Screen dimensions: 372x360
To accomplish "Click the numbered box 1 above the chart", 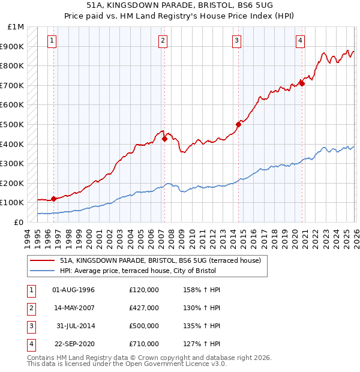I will click(52, 41).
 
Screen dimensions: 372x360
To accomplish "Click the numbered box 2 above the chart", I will click(163, 41).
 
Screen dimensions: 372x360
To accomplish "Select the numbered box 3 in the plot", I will click(237, 41).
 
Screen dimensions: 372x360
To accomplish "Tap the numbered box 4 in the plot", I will click(299, 41).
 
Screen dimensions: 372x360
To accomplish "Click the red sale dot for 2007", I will click(164, 139).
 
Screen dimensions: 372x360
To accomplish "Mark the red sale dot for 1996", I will click(54, 199).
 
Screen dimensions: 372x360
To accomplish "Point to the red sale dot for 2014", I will click(238, 125).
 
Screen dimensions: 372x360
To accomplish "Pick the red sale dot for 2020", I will click(302, 83).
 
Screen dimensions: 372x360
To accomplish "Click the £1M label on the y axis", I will click(16, 27).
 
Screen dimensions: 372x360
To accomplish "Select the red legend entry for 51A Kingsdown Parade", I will click(160, 261).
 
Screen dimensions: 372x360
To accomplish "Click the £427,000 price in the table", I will click(144, 308).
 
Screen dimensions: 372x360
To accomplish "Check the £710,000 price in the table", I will click(144, 344).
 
